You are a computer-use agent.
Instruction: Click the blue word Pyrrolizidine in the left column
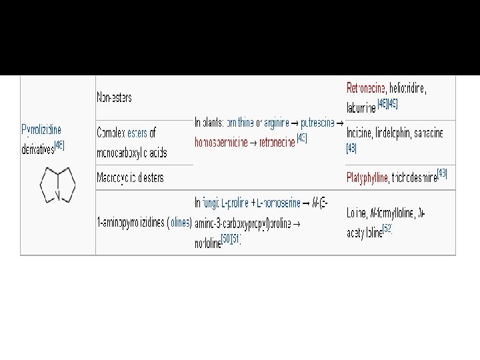41,129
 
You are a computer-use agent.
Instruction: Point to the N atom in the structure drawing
58,196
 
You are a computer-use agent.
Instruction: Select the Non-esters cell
115,97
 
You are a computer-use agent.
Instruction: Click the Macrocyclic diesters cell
130,178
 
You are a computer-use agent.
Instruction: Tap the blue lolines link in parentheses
180,223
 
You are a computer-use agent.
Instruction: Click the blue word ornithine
239,123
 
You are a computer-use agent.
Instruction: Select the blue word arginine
279,123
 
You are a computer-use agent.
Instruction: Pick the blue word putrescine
318,123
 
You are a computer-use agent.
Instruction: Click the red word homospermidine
221,142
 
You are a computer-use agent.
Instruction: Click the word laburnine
361,105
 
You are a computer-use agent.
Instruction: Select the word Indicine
361,133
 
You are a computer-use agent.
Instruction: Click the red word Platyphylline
367,178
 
